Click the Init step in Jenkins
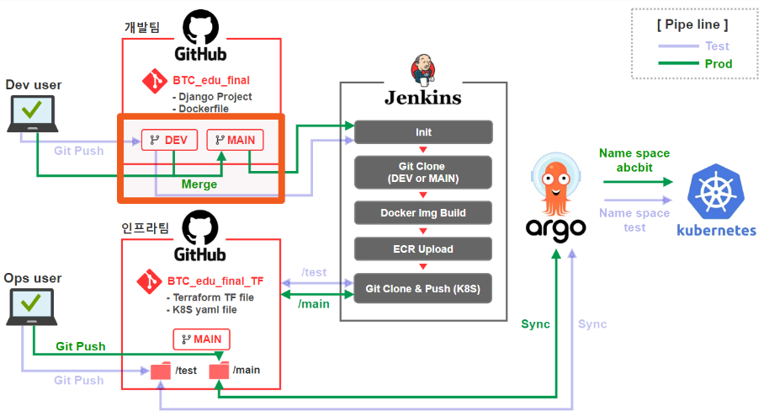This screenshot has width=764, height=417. point(423,132)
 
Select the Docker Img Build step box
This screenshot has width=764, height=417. point(423,212)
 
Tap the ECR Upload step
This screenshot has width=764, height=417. point(423,249)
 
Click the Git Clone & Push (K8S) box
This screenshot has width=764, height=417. point(423,287)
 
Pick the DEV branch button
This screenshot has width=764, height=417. point(168,140)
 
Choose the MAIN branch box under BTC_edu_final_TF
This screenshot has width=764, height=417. point(201,339)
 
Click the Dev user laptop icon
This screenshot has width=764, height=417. point(32,113)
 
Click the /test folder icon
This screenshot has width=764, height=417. point(161,371)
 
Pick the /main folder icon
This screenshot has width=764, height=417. point(220,371)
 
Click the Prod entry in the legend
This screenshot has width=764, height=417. point(718,64)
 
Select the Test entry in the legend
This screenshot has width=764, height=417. point(718,46)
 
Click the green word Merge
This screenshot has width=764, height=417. point(199,184)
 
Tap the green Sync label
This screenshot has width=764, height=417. point(535,323)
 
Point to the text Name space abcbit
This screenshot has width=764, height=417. point(634,160)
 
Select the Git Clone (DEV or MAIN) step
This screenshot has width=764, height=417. point(423,172)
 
